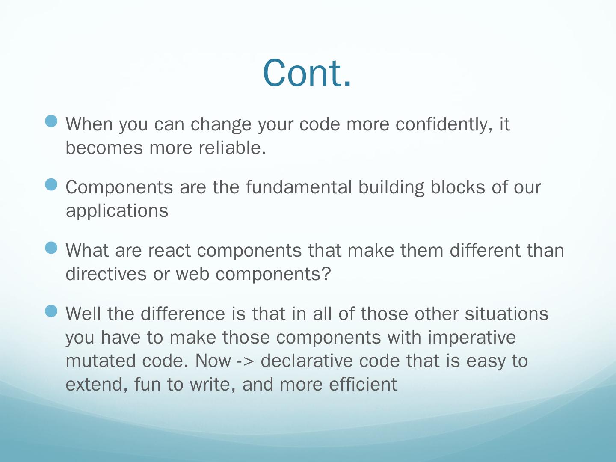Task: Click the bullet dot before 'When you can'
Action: [x=51, y=121]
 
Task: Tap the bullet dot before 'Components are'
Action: [x=51, y=184]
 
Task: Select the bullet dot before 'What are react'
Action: [x=51, y=247]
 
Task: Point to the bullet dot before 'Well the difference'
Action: [x=51, y=311]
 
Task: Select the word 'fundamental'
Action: [x=299, y=187]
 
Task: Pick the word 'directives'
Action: [x=106, y=274]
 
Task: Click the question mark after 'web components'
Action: [x=326, y=273]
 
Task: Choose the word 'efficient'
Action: [x=363, y=384]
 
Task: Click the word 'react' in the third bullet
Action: [x=169, y=251]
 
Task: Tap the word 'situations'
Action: [x=506, y=313]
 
